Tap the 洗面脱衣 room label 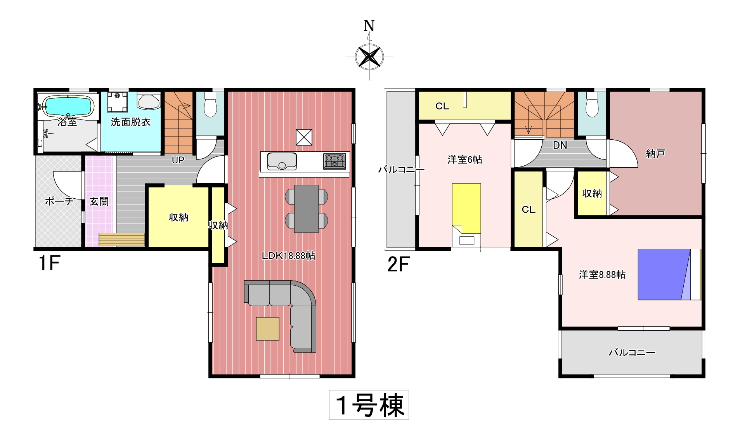(x=131, y=122)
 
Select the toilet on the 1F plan (x=210, y=104)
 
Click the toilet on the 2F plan (x=592, y=104)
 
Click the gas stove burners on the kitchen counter (x=334, y=161)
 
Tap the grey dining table (x=307, y=209)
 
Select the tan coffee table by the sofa (x=268, y=329)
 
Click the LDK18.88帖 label (x=288, y=256)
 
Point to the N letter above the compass (x=369, y=26)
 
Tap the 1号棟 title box (x=369, y=405)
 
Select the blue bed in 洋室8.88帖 (x=670, y=274)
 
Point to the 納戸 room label (x=655, y=154)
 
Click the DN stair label (x=560, y=146)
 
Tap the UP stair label (x=178, y=160)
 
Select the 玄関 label (x=99, y=201)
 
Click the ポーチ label (x=59, y=201)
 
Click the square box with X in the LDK (x=304, y=137)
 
